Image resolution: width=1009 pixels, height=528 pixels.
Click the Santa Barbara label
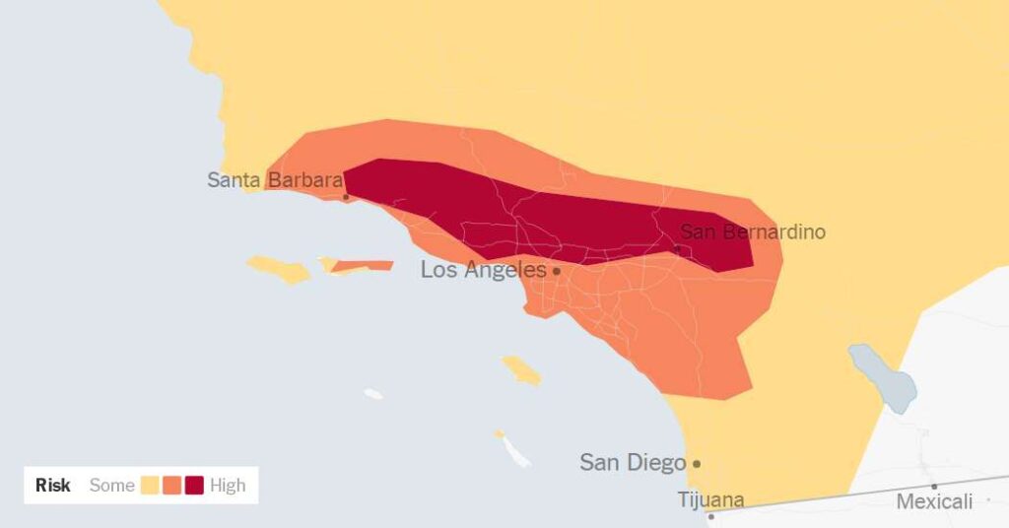[274, 180]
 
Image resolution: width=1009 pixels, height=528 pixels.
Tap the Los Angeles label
[483, 270]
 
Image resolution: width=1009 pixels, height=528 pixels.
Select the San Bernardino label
[753, 232]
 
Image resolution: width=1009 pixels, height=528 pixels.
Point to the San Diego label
[632, 462]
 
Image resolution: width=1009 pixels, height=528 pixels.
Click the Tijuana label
[711, 499]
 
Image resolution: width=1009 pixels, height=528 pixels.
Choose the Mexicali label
[934, 502]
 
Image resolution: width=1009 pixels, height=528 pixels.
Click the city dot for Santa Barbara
[346, 197]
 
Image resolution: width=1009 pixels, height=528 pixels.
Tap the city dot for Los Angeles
[556, 271]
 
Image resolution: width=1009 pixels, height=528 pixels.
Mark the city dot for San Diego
[697, 463]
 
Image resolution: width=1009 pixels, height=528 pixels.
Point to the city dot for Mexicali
[934, 486]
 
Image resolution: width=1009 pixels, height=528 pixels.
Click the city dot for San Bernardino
[677, 248]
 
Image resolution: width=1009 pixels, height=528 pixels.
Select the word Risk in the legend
[53, 485]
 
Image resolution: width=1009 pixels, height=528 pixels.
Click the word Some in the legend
[111, 485]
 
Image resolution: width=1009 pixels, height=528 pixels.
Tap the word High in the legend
[228, 485]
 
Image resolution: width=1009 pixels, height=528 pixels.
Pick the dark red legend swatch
[194, 485]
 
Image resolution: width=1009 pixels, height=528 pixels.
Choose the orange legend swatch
[172, 485]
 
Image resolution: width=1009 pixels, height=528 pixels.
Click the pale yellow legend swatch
[150, 485]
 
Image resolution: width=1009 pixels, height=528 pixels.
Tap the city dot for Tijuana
[710, 516]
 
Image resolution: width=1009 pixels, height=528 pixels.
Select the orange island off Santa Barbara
[365, 265]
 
